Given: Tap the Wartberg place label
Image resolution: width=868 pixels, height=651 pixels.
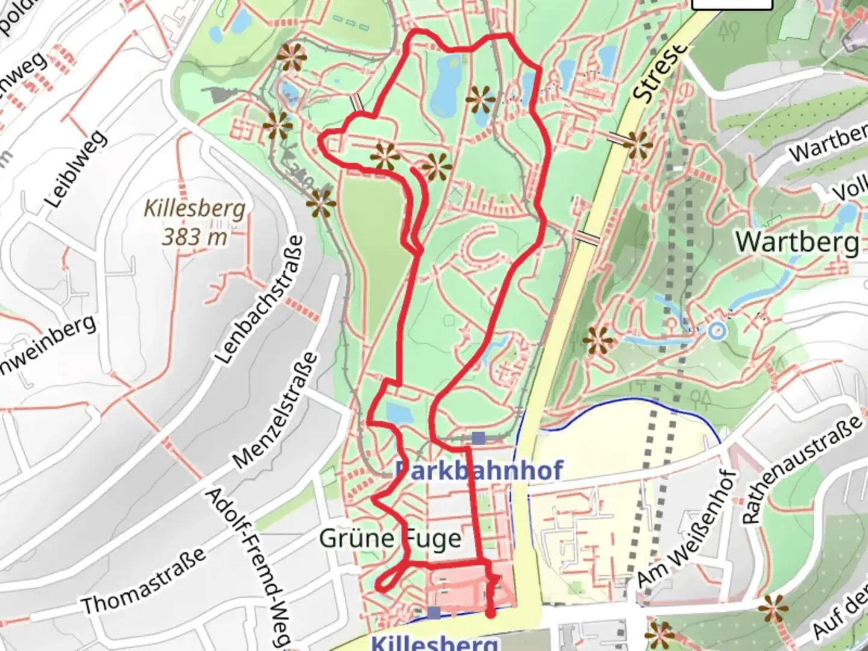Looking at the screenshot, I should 797,242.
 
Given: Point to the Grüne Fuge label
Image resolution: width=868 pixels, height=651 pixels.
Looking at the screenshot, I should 390,538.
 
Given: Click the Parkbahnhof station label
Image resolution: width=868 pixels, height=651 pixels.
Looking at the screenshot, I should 479,470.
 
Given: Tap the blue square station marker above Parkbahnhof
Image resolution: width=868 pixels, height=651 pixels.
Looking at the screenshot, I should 479,438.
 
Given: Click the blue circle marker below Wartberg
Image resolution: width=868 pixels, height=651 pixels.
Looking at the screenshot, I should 716,331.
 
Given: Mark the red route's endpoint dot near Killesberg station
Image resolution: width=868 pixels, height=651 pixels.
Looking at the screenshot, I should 491,614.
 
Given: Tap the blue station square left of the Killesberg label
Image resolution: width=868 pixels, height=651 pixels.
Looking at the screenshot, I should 434,613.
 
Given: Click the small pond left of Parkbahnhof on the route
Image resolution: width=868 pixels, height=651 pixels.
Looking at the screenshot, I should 398,414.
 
